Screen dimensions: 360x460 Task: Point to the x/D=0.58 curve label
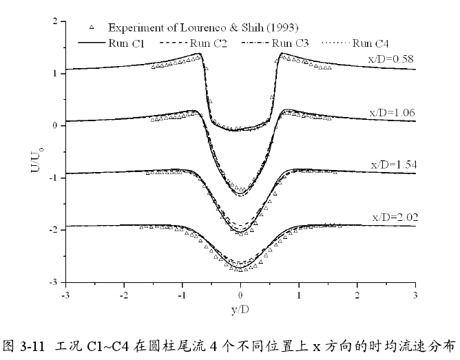[x=391, y=58]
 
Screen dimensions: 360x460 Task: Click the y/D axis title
[x=240, y=309]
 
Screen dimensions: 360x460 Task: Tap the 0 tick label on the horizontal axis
[x=240, y=295]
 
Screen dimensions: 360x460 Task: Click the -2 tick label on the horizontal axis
[x=123, y=295]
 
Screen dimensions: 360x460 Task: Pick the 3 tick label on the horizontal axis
[x=415, y=295]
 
